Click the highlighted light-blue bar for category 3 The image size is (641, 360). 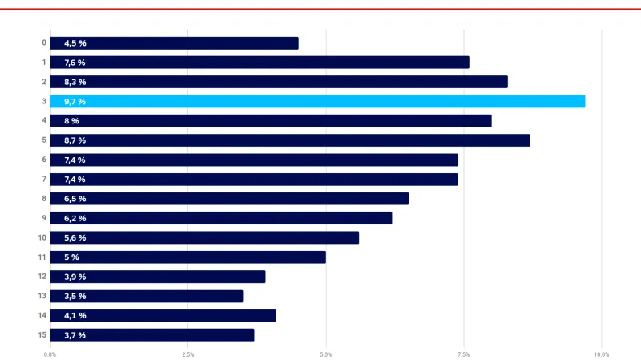317,101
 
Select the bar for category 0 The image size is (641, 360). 174,43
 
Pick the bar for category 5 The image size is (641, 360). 289,140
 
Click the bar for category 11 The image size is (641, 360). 187,257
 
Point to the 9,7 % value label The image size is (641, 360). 75,102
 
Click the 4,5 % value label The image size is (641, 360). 75,43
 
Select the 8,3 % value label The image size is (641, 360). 75,82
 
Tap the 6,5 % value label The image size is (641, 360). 75,199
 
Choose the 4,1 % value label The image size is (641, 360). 75,316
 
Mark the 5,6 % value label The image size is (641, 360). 75,238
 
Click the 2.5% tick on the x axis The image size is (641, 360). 187,354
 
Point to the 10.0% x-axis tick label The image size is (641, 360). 601,354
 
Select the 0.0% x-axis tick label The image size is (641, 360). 50,354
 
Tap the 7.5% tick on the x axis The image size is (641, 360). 463,354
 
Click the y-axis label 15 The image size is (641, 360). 42,335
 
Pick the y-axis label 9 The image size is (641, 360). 43,218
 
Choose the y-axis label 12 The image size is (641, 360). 42,277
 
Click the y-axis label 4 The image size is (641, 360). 43,121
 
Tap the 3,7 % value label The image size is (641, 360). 75,335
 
